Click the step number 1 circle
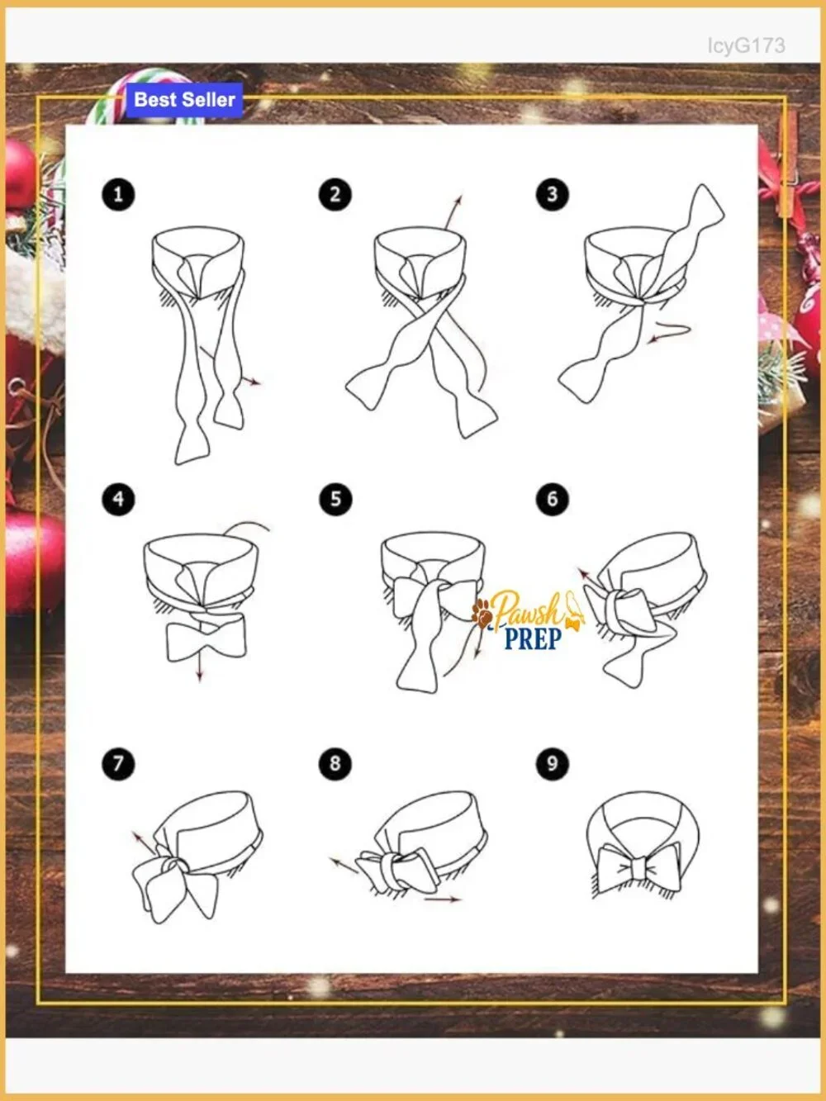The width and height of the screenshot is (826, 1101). pos(118,194)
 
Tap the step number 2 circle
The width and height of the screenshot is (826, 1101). pos(335,194)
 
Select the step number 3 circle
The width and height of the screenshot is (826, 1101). pos(552,194)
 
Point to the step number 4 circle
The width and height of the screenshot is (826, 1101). pos(118,499)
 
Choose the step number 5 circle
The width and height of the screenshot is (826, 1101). pos(335,499)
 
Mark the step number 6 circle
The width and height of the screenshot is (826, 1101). pos(552,499)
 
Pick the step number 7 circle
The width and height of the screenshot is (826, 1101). pos(118,763)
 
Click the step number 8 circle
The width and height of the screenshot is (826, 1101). pos(335,763)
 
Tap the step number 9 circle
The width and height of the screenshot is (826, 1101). pos(552,763)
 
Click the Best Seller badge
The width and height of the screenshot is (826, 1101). pos(184,100)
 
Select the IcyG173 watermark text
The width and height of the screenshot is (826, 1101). pos(746,45)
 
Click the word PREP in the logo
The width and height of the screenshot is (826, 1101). pos(533,638)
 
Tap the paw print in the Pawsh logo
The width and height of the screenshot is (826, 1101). pos(482,614)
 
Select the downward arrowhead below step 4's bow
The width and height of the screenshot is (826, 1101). pos(200,676)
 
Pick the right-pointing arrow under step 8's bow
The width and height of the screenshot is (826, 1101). pos(442,899)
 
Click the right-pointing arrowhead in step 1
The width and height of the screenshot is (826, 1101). pos(256,382)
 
